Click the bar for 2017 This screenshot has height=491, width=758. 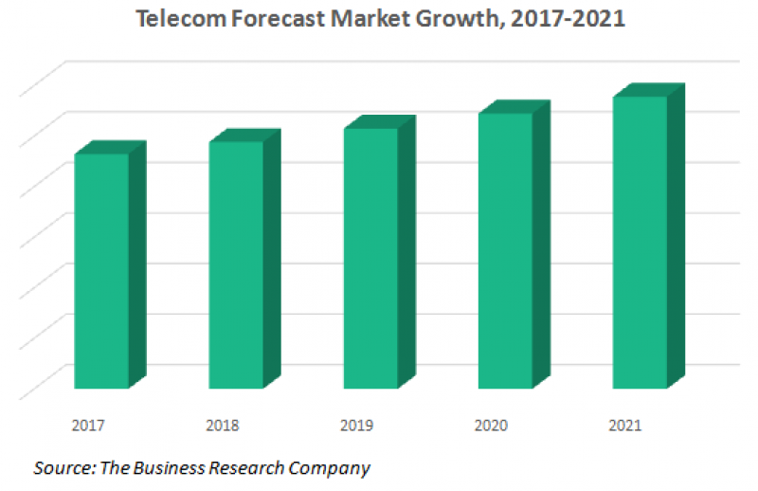click(101, 271)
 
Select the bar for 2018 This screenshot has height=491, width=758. click(236, 265)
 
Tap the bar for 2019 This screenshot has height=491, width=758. click(370, 259)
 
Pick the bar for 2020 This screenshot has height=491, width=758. click(505, 251)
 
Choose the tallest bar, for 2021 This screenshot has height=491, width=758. click(640, 243)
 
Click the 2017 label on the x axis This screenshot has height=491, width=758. click(87, 426)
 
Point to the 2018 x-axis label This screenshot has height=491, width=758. click(222, 426)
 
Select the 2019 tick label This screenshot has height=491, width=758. click(356, 426)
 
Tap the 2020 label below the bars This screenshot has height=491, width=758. click(491, 426)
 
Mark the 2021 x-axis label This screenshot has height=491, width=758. click(625, 426)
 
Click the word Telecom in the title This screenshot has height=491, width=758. click(173, 19)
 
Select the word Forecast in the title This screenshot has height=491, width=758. click(265, 19)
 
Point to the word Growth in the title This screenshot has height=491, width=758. click(436, 19)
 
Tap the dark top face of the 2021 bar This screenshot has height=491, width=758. click(649, 90)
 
